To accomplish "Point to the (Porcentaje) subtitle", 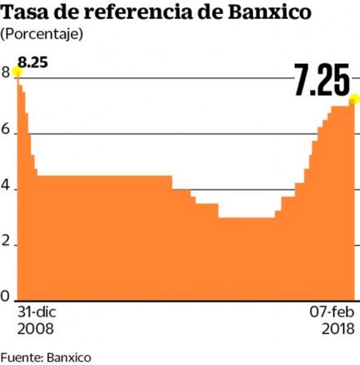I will [42, 34].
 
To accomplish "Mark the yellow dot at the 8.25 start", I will [17, 72].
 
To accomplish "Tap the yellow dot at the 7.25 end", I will [354, 98].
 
